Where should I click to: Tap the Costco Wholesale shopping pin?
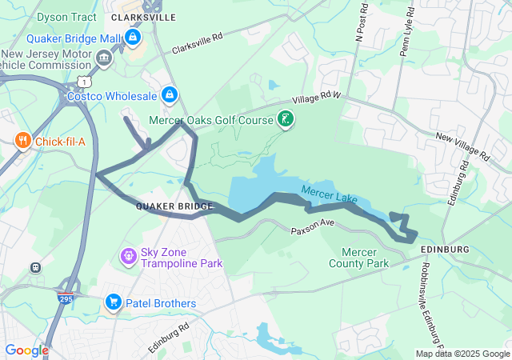[169, 95]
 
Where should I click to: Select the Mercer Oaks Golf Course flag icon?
[284, 120]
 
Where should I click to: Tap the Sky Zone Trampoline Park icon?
[129, 256]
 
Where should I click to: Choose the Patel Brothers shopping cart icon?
[114, 302]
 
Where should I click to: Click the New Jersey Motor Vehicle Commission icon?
[104, 58]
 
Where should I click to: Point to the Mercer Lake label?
[329, 193]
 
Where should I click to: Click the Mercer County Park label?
[359, 257]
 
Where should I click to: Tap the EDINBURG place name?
[444, 250]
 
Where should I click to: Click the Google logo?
[26, 350]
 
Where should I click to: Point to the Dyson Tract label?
[67, 16]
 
